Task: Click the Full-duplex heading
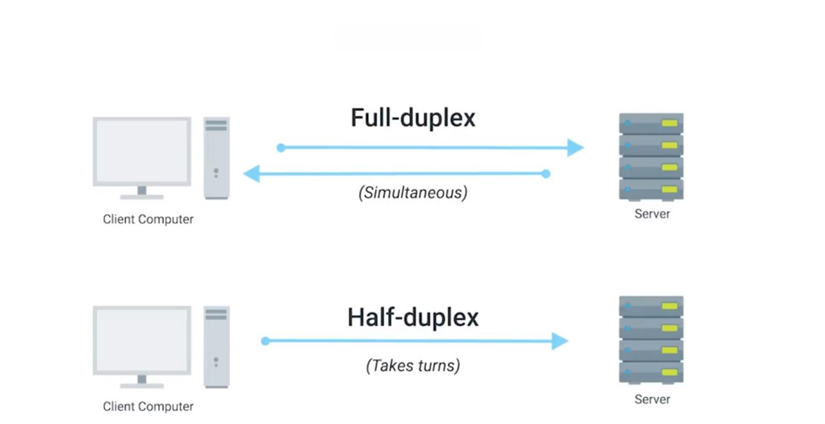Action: (412, 118)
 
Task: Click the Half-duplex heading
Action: (412, 317)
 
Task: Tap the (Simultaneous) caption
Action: (412, 192)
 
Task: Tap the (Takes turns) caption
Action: (412, 366)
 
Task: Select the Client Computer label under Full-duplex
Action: (148, 219)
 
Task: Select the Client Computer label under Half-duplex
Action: (148, 407)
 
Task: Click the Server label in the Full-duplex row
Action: (652, 213)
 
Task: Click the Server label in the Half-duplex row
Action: (652, 400)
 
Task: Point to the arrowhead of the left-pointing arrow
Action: (251, 173)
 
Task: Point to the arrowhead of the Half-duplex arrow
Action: (560, 341)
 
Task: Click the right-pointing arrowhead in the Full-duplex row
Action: (576, 148)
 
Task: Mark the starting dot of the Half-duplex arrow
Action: (265, 341)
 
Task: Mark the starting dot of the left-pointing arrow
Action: (546, 173)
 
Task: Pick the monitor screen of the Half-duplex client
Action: (142, 340)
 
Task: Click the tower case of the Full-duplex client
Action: (217, 158)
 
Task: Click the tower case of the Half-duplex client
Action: (217, 346)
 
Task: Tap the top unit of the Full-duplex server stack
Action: (651, 123)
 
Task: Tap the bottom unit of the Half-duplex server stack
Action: (651, 372)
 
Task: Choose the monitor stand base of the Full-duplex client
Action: (142, 197)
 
